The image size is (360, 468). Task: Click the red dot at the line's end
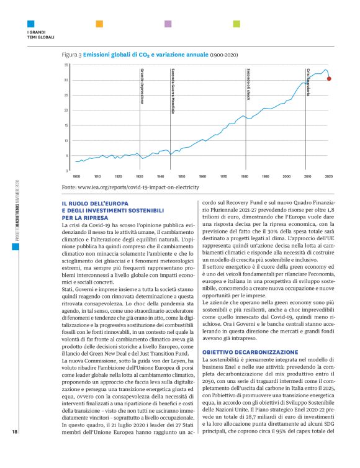coord(329,79)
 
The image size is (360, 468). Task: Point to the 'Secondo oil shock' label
coord(248,84)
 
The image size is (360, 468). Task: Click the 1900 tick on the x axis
coord(76,176)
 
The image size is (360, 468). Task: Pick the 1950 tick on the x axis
coord(181,176)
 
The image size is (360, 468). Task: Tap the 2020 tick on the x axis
coord(328,176)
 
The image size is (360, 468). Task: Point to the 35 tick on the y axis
coord(66,65)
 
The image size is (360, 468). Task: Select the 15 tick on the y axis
coord(66,125)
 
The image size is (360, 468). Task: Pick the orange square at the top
coord(99,24)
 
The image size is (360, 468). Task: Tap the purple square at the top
coord(168,24)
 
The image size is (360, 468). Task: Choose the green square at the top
coord(236,24)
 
